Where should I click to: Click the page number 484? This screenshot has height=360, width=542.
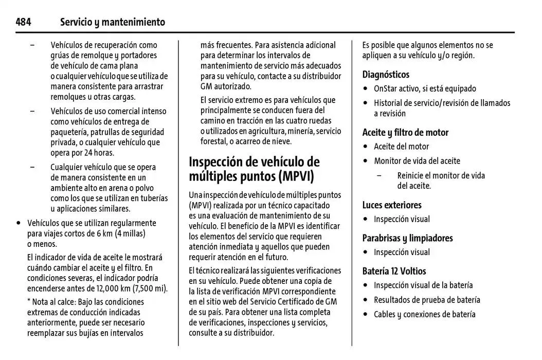pos(23,22)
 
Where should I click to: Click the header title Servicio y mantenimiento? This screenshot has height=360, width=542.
pos(113,22)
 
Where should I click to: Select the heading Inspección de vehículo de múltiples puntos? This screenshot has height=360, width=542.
pos(254,169)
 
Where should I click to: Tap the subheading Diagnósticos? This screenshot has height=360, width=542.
pos(386,75)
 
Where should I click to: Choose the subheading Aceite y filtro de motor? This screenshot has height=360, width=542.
pos(405,132)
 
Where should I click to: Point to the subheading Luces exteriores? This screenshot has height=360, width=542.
pos(392,205)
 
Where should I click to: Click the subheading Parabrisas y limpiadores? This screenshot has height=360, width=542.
pos(407,238)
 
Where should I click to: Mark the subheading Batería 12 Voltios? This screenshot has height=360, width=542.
pos(394,271)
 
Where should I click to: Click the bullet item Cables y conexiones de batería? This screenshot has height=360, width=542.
pos(424,314)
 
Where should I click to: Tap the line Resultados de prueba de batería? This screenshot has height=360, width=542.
pos(427,300)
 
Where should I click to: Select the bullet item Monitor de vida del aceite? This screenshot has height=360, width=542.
pos(417,161)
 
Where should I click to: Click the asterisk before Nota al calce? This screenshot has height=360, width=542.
pos(29,301)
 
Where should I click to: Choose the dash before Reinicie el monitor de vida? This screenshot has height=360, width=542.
pos(379,176)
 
